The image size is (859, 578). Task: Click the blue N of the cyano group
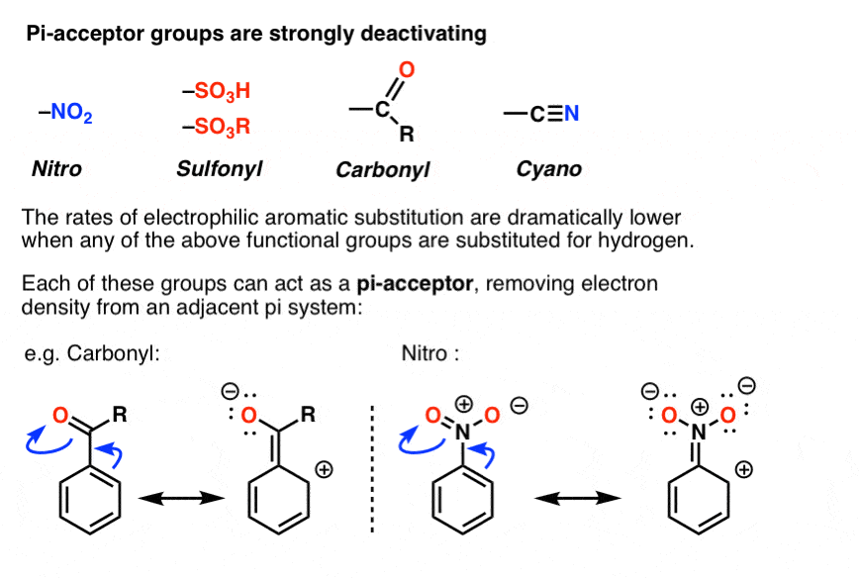tap(571, 115)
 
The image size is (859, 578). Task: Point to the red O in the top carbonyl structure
tap(406, 69)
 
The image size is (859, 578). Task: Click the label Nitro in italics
tap(56, 169)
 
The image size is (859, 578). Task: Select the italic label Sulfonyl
tap(219, 169)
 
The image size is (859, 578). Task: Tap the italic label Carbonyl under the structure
tap(382, 169)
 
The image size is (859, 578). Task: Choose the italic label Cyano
tap(549, 169)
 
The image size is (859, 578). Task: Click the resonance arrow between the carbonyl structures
tap(180, 500)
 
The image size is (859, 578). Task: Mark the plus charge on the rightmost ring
tap(767, 468)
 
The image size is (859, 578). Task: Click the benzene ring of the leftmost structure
tap(89, 506)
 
